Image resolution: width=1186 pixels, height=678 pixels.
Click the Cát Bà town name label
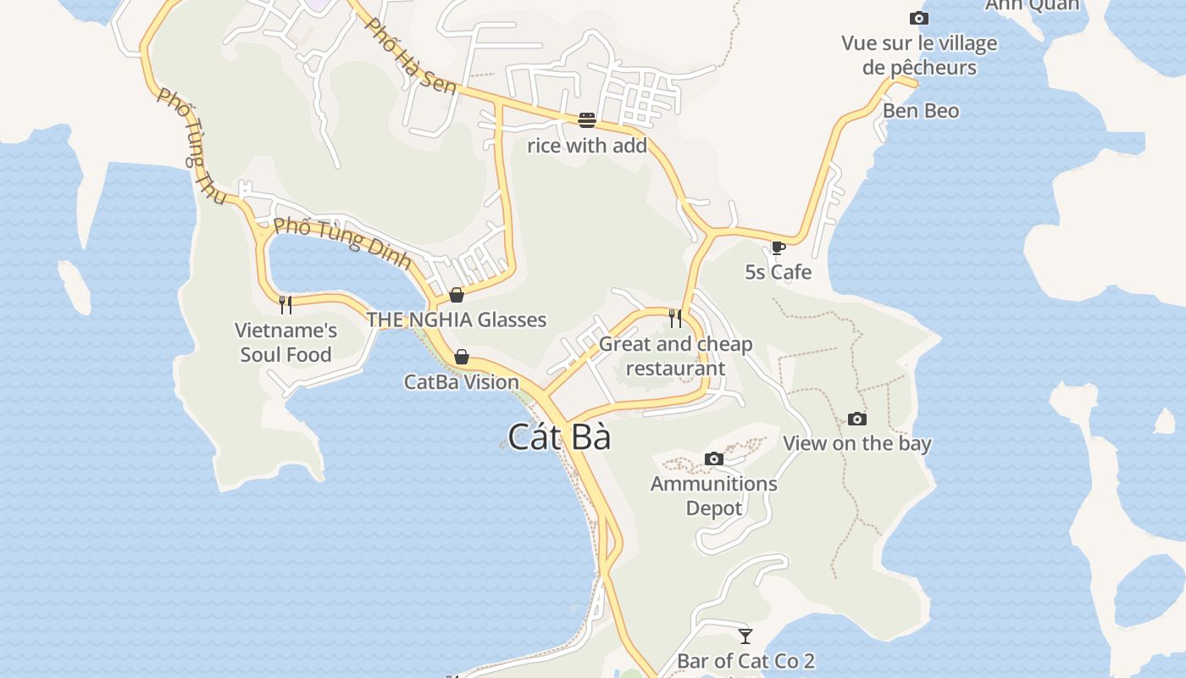(559, 437)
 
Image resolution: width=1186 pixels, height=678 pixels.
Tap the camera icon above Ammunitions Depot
(714, 459)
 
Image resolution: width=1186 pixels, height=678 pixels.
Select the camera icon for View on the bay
(857, 419)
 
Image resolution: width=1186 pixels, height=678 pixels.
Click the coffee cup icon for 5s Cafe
(778, 247)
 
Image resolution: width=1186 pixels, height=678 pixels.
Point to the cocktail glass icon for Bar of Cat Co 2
(745, 636)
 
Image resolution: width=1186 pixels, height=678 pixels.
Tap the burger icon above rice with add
(587, 120)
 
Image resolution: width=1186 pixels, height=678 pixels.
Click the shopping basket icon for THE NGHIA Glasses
(457, 295)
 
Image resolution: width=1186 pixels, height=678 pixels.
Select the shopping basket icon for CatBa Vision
(462, 357)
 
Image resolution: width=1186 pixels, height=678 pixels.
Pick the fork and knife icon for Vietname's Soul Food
(285, 304)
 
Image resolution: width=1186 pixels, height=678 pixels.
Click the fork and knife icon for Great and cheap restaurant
(675, 318)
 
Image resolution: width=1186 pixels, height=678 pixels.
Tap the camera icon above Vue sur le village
(919, 18)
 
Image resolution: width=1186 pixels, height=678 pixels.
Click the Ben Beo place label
(921, 111)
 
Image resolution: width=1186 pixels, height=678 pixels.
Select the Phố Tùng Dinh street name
(342, 243)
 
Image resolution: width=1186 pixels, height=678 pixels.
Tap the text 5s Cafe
(778, 272)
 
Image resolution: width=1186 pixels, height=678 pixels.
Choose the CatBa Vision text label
(461, 382)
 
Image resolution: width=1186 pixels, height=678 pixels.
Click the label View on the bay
(856, 443)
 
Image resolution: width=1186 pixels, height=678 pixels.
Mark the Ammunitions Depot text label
(713, 496)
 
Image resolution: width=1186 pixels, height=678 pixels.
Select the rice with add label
(587, 146)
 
